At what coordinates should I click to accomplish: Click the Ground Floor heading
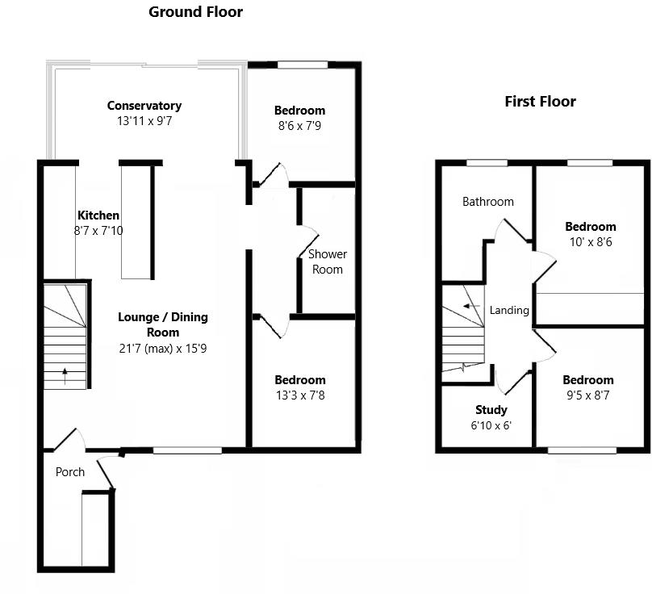(195, 12)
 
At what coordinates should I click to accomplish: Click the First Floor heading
(540, 102)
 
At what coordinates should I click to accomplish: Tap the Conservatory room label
(144, 106)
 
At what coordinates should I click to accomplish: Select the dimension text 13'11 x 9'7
(144, 122)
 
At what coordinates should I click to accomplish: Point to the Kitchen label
(98, 215)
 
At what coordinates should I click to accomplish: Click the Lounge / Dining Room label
(163, 324)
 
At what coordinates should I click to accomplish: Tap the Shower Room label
(328, 261)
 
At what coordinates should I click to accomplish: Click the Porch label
(70, 472)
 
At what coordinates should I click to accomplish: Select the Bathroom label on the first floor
(487, 202)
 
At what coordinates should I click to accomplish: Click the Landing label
(509, 310)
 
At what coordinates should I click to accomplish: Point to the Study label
(491, 410)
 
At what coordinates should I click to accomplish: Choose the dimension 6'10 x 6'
(491, 425)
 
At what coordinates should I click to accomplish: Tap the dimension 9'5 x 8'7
(588, 395)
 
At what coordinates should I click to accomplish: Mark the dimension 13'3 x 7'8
(300, 395)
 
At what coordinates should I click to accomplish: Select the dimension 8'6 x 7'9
(299, 126)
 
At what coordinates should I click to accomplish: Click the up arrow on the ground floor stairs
(65, 372)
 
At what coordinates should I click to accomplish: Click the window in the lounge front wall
(187, 450)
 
